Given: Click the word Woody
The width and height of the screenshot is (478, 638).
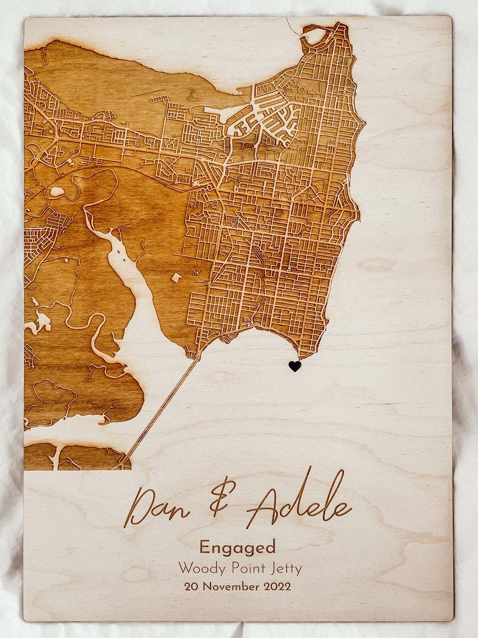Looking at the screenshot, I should [198, 568].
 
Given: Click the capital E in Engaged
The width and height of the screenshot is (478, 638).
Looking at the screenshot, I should [204, 547].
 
